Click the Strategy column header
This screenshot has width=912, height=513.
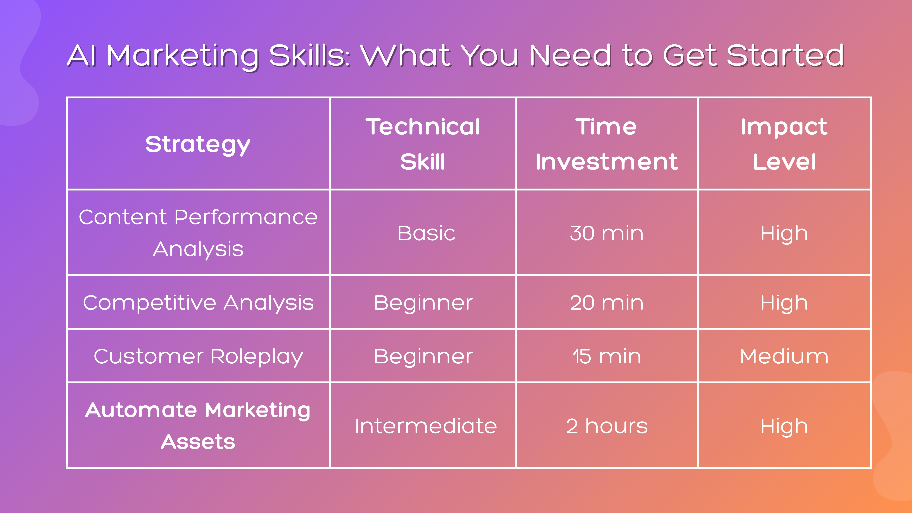click(x=198, y=144)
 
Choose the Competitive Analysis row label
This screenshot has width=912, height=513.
click(x=198, y=303)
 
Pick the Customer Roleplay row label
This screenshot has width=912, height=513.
click(x=198, y=356)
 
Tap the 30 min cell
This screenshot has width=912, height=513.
click(x=606, y=233)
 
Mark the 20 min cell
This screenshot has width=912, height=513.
click(x=606, y=303)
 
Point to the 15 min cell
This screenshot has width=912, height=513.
click(x=606, y=356)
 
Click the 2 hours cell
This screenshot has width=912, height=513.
click(x=606, y=426)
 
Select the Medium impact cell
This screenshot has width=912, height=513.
click(x=784, y=356)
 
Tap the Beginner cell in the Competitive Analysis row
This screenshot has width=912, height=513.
click(x=423, y=303)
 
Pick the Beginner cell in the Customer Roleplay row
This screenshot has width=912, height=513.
click(x=423, y=356)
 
